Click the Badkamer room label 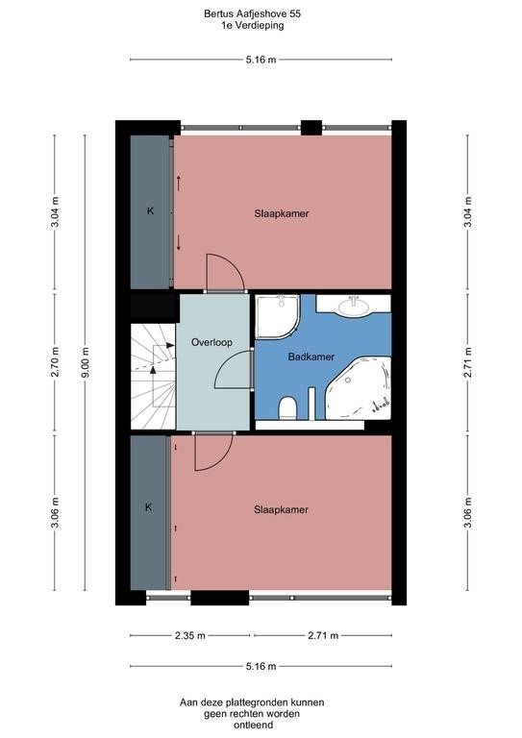point(311,357)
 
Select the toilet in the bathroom point(287,410)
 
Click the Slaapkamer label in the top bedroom point(282,213)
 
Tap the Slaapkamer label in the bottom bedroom point(282,509)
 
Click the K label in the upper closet point(150,210)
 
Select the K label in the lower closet point(149,506)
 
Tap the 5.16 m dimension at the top point(261,60)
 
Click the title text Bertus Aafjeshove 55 point(260,14)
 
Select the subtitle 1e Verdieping point(260,26)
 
